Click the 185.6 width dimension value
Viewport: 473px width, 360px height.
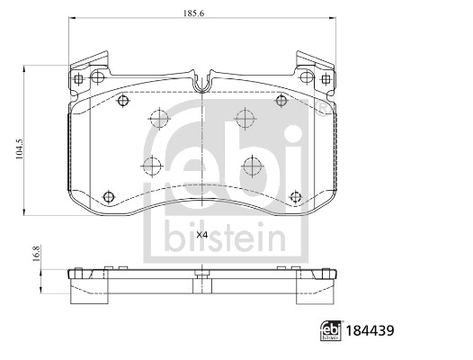pyautogui.click(x=193, y=13)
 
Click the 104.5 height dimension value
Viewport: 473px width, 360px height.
pyautogui.click(x=19, y=149)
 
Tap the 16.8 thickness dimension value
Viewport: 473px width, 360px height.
pyautogui.click(x=36, y=254)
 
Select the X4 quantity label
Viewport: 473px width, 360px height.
pyautogui.click(x=202, y=235)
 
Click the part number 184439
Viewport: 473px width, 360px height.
pyautogui.click(x=370, y=330)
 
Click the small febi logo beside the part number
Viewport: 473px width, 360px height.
pyautogui.click(x=331, y=330)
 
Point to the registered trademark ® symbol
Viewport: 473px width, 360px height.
pyautogui.click(x=323, y=108)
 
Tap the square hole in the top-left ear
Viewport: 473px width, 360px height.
pyautogui.click(x=78, y=79)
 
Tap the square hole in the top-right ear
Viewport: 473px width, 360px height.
pyautogui.click(x=326, y=79)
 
